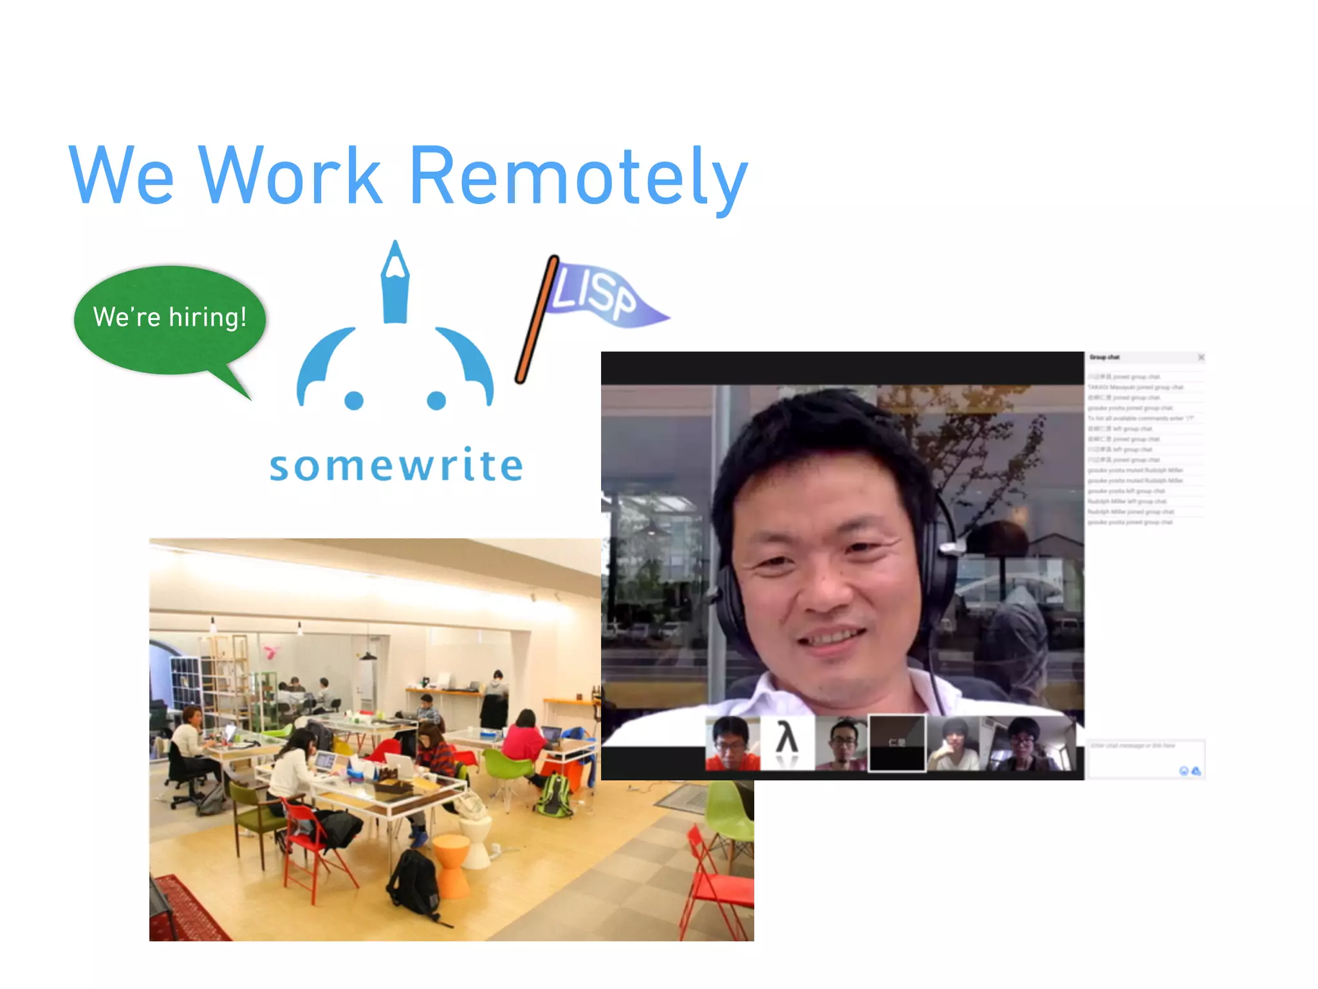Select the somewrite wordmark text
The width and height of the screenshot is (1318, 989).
[x=396, y=465]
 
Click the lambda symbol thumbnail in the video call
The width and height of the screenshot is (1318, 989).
[x=787, y=742]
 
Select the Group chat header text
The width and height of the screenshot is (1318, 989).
[x=1104, y=357]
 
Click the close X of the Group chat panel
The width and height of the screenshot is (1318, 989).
[x=1201, y=357]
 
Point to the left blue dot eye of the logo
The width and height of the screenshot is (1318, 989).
[x=354, y=400]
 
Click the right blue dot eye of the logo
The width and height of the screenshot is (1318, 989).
[x=436, y=400]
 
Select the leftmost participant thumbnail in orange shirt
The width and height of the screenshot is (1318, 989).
[x=732, y=743]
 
